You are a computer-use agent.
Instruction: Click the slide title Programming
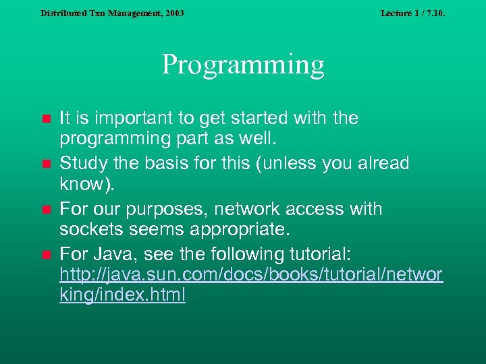click(x=243, y=65)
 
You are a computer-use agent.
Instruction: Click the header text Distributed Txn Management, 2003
click(x=112, y=13)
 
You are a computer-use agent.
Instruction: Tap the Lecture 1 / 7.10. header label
click(x=412, y=13)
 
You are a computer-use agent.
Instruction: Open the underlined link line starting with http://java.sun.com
click(x=251, y=275)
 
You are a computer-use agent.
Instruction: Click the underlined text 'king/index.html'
click(x=122, y=295)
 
